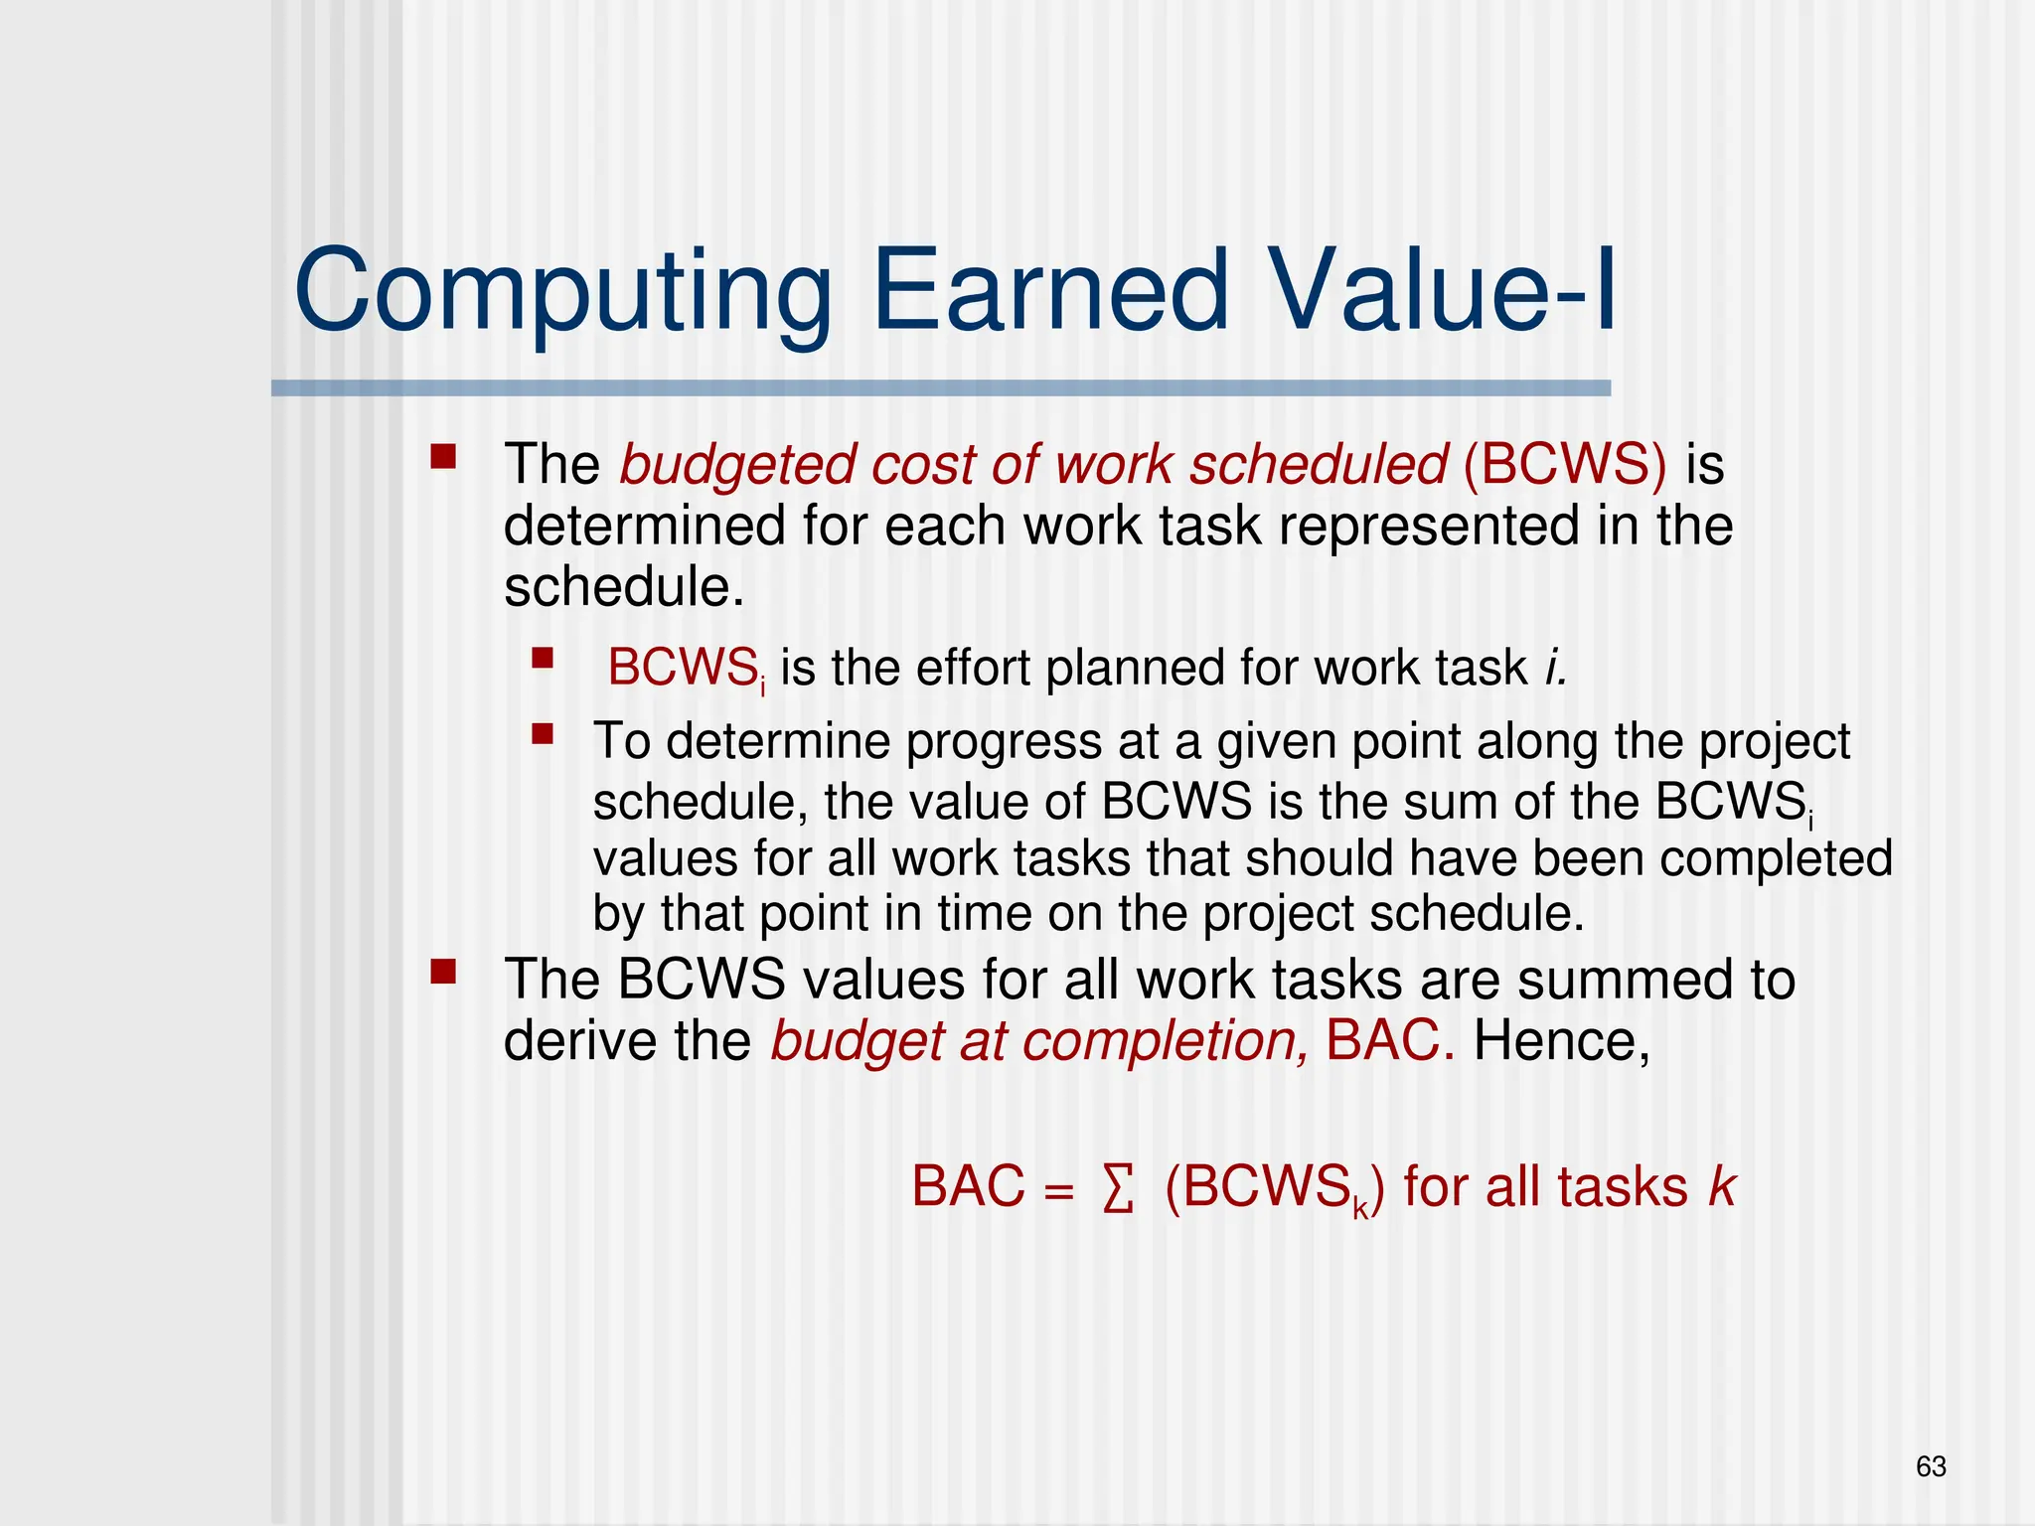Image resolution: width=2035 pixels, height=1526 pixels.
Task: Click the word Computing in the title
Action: (562, 293)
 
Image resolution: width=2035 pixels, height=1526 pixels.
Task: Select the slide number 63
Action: (1930, 1466)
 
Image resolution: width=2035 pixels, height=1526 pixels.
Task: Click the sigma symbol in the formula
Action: (1117, 1189)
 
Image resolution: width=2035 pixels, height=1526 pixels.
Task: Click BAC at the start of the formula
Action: (968, 1187)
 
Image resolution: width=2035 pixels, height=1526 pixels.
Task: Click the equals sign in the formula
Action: (1059, 1191)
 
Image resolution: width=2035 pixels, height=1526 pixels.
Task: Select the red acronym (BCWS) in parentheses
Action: (1564, 464)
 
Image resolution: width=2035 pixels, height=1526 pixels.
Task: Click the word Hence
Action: (1560, 1041)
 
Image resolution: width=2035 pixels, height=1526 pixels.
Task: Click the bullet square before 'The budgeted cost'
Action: (443, 457)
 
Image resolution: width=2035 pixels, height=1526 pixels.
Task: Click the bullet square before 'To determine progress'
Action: (542, 734)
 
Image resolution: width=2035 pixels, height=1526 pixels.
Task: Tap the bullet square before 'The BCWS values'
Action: (443, 971)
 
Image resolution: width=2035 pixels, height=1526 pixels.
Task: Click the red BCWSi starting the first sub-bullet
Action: (685, 668)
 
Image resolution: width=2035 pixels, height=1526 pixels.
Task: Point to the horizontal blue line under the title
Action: (940, 388)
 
